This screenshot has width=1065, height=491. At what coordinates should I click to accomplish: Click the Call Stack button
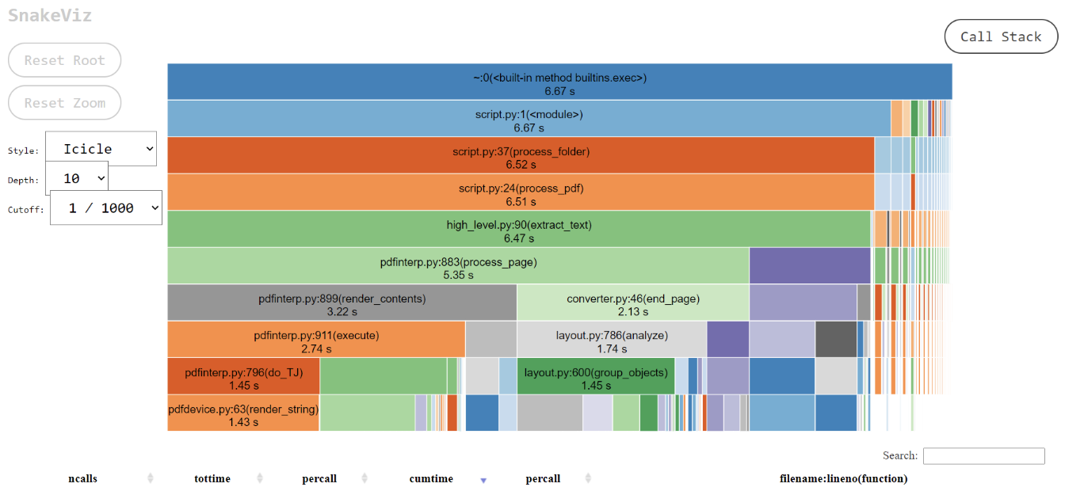pyautogui.click(x=1001, y=36)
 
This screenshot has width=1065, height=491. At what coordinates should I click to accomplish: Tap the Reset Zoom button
pyautogui.click(x=65, y=103)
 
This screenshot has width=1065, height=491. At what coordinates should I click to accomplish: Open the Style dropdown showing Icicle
pyautogui.click(x=101, y=149)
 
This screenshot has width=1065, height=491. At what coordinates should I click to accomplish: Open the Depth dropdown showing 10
pyautogui.click(x=77, y=178)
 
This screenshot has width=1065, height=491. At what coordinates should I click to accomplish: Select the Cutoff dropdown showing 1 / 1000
pyautogui.click(x=106, y=207)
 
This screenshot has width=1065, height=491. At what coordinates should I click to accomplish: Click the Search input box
pyautogui.click(x=983, y=456)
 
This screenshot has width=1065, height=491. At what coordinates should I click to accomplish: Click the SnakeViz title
pyautogui.click(x=50, y=15)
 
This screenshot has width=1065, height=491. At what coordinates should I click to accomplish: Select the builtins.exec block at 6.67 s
pyautogui.click(x=559, y=82)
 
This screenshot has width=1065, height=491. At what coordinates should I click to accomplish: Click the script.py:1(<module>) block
pyautogui.click(x=529, y=119)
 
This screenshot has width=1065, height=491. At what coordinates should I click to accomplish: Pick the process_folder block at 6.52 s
pyautogui.click(x=521, y=155)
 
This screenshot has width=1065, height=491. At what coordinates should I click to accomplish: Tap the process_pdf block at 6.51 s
pyautogui.click(x=521, y=192)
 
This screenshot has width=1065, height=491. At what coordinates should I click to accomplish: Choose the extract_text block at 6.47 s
pyautogui.click(x=519, y=229)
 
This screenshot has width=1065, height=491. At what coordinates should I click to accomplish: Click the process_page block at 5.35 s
pyautogui.click(x=458, y=266)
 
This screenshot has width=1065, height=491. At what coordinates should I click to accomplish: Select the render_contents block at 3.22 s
pyautogui.click(x=342, y=303)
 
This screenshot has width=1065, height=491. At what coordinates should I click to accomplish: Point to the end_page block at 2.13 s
pyautogui.click(x=633, y=303)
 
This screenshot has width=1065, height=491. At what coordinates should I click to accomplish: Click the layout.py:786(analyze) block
pyautogui.click(x=612, y=340)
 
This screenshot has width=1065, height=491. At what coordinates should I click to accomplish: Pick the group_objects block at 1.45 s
pyautogui.click(x=596, y=376)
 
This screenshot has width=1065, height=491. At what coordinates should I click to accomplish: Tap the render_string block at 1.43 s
pyautogui.click(x=243, y=413)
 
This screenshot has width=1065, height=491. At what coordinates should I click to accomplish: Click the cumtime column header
pyautogui.click(x=431, y=478)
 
